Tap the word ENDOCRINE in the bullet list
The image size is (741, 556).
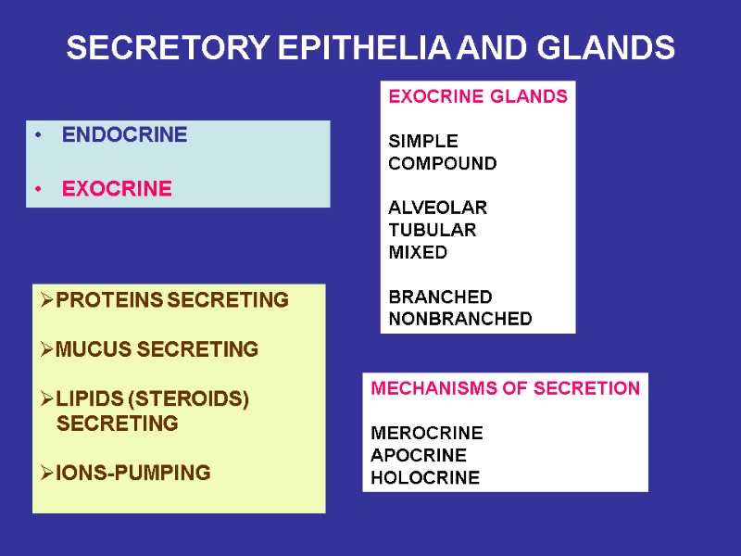tap(124, 135)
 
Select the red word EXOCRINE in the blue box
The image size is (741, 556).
tap(117, 189)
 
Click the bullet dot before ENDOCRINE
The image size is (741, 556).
tap(38, 136)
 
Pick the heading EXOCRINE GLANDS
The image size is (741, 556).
tap(478, 97)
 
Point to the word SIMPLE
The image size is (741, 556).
tap(422, 142)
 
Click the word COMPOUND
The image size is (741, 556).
tap(442, 164)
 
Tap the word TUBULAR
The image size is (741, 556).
tap(432, 230)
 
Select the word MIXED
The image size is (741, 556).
tap(417, 252)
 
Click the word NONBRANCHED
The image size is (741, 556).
tap(460, 319)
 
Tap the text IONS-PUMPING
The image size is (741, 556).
tap(132, 474)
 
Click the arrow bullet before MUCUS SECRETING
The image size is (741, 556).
tap(47, 350)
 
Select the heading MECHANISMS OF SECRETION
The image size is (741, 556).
tap(505, 389)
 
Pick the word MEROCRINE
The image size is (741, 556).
tap(426, 433)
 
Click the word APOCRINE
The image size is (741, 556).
tap(418, 455)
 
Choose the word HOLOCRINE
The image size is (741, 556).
tap(424, 478)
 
